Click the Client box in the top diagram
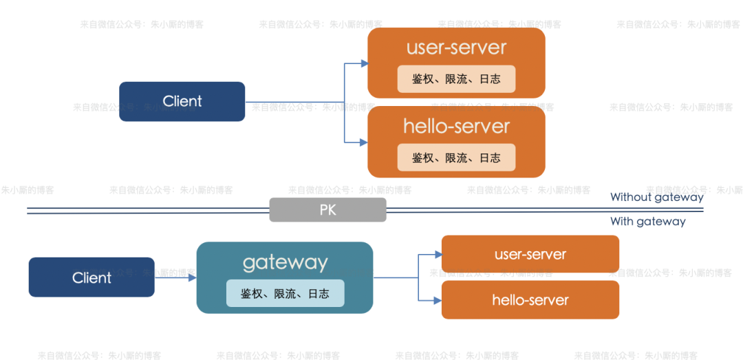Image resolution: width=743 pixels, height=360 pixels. click(x=182, y=101)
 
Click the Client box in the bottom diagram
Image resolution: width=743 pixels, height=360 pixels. click(x=91, y=277)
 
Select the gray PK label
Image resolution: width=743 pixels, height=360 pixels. click(x=327, y=210)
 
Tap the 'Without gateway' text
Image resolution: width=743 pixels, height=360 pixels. click(x=656, y=198)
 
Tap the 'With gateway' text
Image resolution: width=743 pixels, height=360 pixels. click(x=647, y=222)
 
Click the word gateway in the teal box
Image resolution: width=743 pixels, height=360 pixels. click(x=285, y=262)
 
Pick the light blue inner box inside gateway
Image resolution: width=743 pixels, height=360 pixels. click(x=285, y=294)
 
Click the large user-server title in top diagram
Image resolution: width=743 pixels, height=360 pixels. click(x=456, y=47)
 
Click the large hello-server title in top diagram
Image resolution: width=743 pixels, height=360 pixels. click(x=456, y=127)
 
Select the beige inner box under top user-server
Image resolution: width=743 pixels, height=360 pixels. click(x=456, y=79)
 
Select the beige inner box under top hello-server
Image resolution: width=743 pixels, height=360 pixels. click(x=456, y=158)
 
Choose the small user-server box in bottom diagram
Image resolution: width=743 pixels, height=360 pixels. click(x=530, y=254)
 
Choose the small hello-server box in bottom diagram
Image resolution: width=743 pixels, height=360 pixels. click(x=530, y=300)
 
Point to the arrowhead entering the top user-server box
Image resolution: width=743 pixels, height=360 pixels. click(x=364, y=63)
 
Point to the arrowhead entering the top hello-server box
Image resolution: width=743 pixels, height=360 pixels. click(x=364, y=142)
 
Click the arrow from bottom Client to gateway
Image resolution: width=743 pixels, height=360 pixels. click(x=175, y=277)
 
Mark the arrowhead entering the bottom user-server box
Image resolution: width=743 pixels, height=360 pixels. click(x=438, y=255)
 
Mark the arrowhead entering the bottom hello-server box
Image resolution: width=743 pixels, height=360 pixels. click(x=438, y=300)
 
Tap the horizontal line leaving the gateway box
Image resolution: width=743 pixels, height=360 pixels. click(x=396, y=277)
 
